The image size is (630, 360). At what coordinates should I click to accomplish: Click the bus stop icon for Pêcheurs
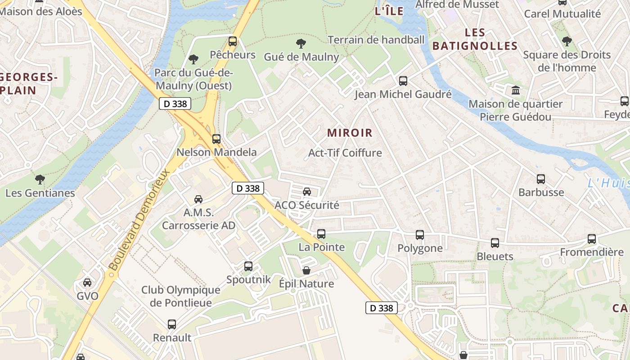(233, 41)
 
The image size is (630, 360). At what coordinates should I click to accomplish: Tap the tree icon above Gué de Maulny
(301, 44)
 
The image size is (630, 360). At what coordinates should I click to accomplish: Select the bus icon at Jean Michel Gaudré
(403, 81)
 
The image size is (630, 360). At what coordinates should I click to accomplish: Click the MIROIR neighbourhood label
(350, 133)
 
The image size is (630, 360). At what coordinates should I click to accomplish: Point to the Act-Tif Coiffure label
(345, 153)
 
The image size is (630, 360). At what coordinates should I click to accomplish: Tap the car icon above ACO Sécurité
(307, 192)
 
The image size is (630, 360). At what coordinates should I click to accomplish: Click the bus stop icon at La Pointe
(321, 234)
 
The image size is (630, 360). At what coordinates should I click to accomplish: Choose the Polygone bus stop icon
(420, 235)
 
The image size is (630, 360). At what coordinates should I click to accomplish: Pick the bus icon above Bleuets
(495, 243)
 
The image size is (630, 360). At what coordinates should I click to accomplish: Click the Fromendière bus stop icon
(592, 239)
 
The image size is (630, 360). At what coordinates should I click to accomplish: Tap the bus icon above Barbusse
(541, 179)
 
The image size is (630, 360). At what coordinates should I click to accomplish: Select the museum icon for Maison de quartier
(516, 90)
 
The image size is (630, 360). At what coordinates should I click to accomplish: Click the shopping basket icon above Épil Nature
(306, 270)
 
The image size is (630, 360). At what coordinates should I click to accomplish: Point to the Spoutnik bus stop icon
(248, 266)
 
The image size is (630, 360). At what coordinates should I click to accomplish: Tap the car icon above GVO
(87, 283)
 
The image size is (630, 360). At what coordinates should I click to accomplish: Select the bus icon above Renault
(172, 324)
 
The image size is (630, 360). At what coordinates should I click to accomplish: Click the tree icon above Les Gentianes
(40, 180)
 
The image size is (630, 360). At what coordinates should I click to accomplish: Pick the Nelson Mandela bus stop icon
(216, 139)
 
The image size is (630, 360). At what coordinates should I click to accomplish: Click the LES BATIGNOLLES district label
(475, 39)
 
